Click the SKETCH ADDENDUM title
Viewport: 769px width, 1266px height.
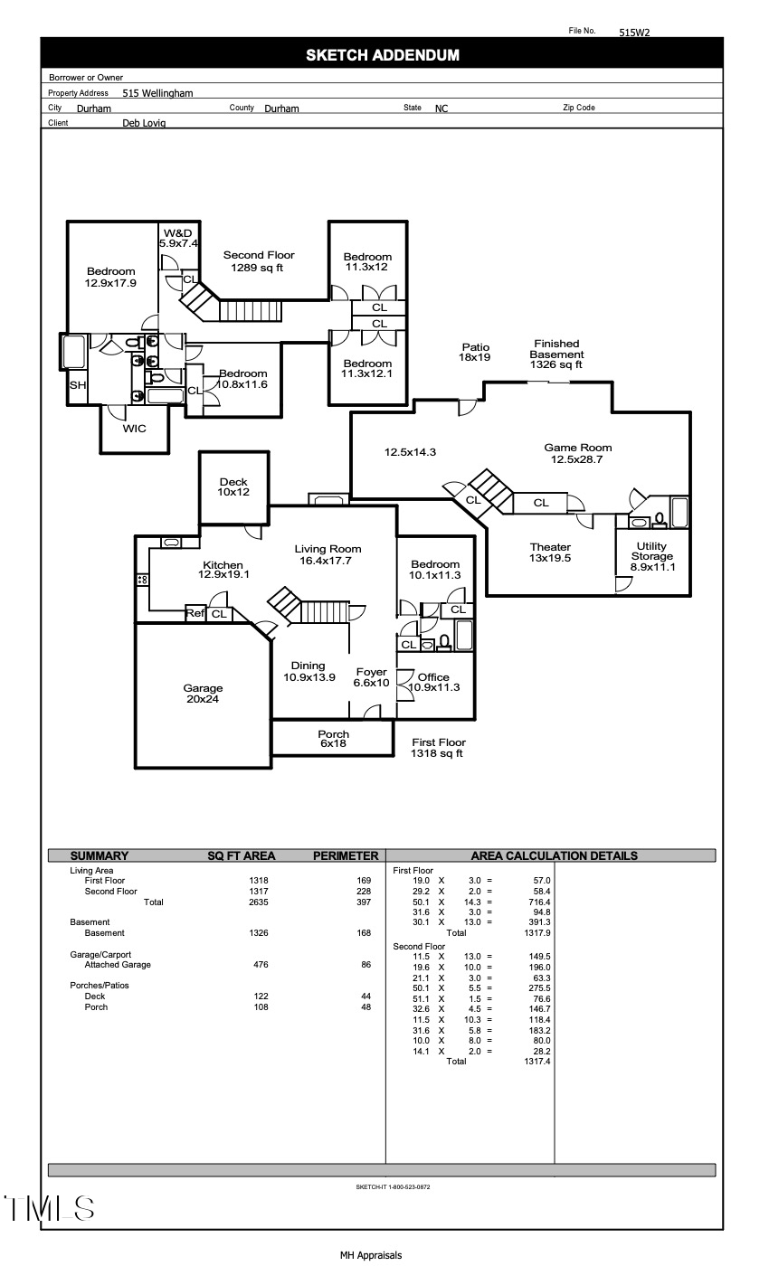point(382,55)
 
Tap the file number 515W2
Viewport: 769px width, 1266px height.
point(634,32)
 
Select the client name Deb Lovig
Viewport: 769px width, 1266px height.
point(144,124)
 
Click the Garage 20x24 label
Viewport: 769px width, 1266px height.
point(203,694)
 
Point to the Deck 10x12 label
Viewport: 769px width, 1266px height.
point(233,487)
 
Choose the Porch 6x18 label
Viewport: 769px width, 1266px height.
point(333,739)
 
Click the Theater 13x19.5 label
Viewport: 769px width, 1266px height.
point(550,553)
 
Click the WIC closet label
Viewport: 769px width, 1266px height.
point(134,429)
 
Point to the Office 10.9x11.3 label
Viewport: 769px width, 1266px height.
point(433,682)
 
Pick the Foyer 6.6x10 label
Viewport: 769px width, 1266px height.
point(371,677)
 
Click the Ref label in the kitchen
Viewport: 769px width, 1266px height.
point(195,613)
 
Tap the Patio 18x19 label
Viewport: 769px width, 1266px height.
point(476,353)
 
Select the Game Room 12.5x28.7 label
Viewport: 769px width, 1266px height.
point(577,453)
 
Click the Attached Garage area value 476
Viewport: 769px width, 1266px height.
point(261,965)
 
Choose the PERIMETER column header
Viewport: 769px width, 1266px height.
point(345,855)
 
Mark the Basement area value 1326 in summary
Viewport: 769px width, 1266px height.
point(259,933)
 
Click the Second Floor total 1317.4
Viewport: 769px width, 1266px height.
point(536,1062)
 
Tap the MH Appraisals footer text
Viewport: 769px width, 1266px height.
point(371,1255)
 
